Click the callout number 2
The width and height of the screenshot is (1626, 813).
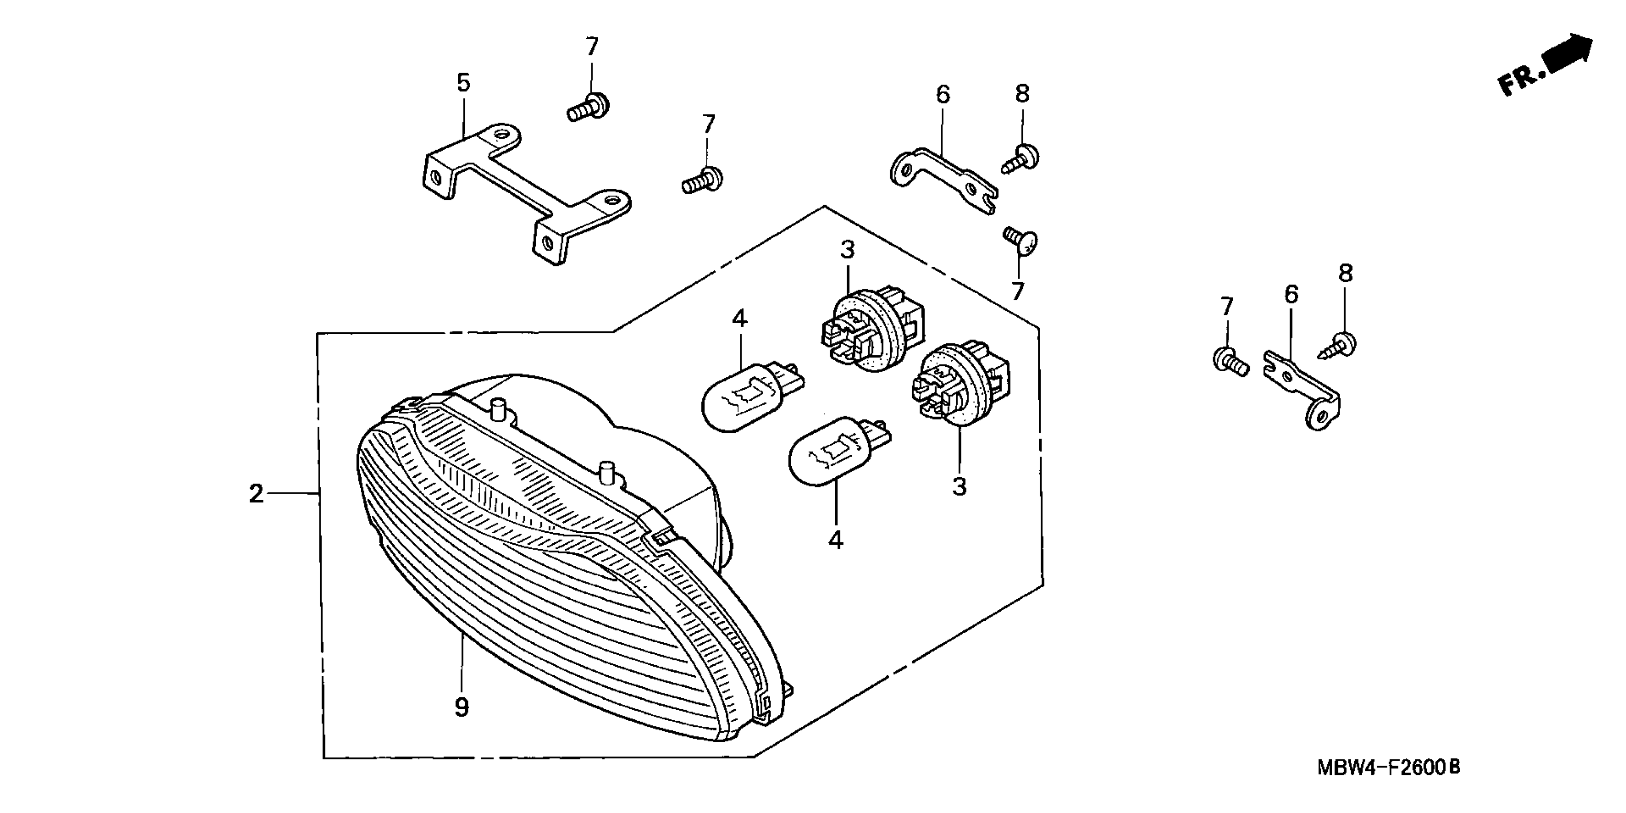(x=256, y=494)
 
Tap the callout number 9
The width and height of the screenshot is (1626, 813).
(x=462, y=707)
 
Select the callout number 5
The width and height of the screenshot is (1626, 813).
(x=464, y=83)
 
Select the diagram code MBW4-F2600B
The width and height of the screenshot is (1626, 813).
(x=1388, y=768)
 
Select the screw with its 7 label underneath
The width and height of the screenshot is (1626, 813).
(x=1021, y=242)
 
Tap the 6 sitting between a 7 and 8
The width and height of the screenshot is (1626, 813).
(x=1292, y=295)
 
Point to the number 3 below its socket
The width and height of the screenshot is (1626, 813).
(x=959, y=487)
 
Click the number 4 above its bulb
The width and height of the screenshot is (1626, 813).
(x=739, y=319)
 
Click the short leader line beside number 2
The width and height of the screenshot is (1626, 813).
(x=291, y=494)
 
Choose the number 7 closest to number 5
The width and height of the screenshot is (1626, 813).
(x=592, y=47)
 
